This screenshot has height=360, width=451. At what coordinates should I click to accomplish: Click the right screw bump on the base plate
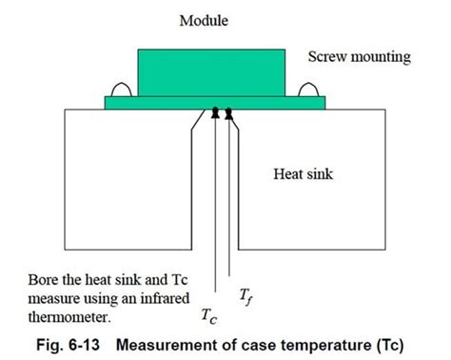pos(309,90)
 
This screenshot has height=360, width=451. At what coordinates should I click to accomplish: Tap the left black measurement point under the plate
pos(215,113)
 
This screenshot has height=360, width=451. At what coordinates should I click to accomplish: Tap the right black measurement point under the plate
pos(228,113)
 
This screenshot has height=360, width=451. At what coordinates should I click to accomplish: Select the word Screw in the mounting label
pos(326,57)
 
